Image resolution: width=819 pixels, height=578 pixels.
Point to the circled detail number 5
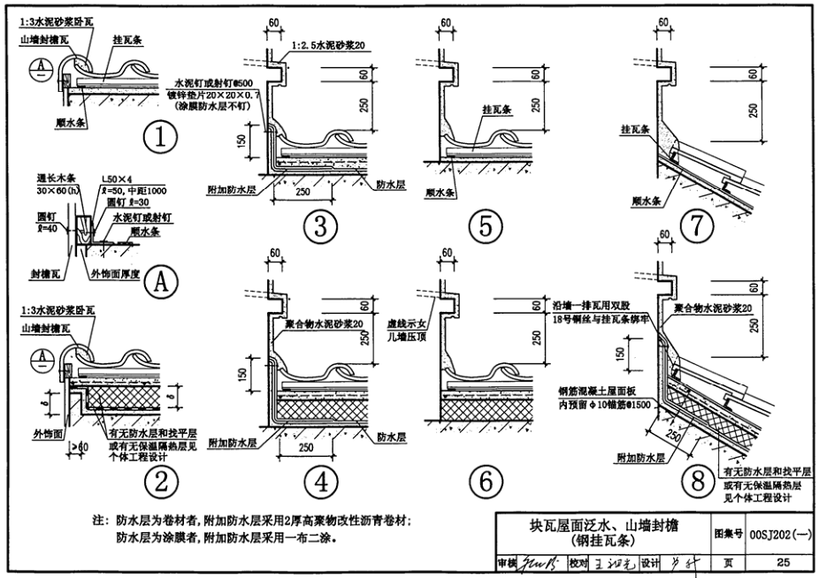pos(485,227)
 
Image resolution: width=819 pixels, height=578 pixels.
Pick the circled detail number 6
pos(485,481)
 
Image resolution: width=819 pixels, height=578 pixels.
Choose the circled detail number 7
pos(698,227)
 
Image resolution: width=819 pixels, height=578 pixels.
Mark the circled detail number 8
pos(698,481)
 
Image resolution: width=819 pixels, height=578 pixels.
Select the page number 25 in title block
pos(782,562)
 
